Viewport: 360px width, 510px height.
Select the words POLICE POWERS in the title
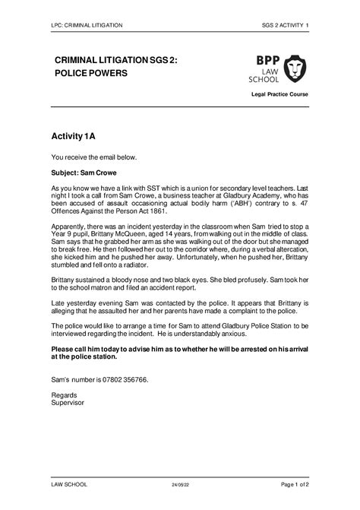(90, 73)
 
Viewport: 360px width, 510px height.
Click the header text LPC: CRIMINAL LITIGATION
(87, 25)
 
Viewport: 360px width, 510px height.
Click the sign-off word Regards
(64, 395)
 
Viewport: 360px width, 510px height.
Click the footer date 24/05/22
(179, 484)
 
